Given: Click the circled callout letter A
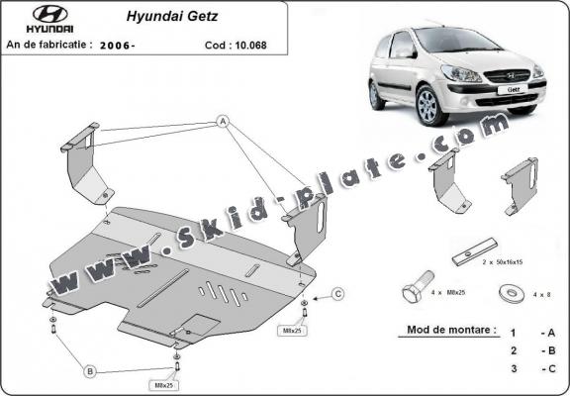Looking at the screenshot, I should (x=223, y=123).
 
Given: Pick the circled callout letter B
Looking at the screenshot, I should (x=89, y=371).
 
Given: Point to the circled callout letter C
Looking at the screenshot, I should (x=337, y=294).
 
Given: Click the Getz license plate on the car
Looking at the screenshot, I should (x=516, y=88).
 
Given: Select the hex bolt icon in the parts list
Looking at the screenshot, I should (x=415, y=293).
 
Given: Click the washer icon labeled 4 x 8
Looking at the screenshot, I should (x=513, y=293).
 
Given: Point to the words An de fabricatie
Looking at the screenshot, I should (x=49, y=45).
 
